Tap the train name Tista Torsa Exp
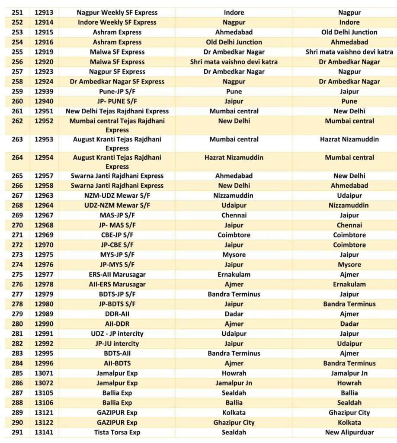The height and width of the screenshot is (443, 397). pyautogui.click(x=117, y=432)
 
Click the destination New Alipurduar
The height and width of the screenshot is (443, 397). pyautogui.click(x=349, y=432)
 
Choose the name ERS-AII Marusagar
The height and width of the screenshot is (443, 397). pyautogui.click(x=117, y=274)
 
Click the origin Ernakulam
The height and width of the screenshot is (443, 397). pyautogui.click(x=234, y=274)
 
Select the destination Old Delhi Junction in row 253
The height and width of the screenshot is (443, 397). pyautogui.click(x=349, y=32)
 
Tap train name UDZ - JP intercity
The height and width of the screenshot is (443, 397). pyautogui.click(x=117, y=334)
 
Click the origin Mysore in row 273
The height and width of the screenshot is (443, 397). pyautogui.click(x=234, y=255)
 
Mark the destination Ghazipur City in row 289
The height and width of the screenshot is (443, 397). pyautogui.click(x=349, y=413)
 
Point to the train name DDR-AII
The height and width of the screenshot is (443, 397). pyautogui.click(x=117, y=314)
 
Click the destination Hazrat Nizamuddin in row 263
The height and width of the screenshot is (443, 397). pyautogui.click(x=349, y=139)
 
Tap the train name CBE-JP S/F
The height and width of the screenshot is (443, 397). pyautogui.click(x=117, y=235)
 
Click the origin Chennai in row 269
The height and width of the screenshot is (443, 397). pyautogui.click(x=234, y=215)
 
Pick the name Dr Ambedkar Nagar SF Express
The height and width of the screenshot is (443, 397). pyautogui.click(x=117, y=81)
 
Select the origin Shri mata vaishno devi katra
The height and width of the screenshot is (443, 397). pyautogui.click(x=234, y=62)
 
